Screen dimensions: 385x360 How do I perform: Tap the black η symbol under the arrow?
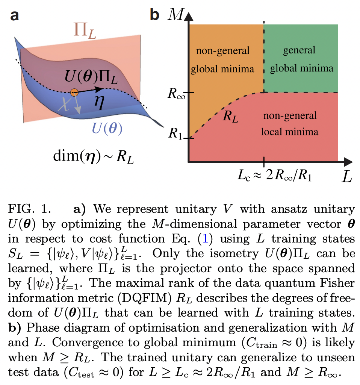pos(99,104)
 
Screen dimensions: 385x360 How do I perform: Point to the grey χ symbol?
pos(66,106)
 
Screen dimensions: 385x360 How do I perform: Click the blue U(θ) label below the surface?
pos(107,130)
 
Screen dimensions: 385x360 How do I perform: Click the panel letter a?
pos(15,16)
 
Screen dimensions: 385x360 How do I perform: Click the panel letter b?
pos(154,16)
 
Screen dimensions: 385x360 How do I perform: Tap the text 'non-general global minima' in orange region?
pos(222,60)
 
